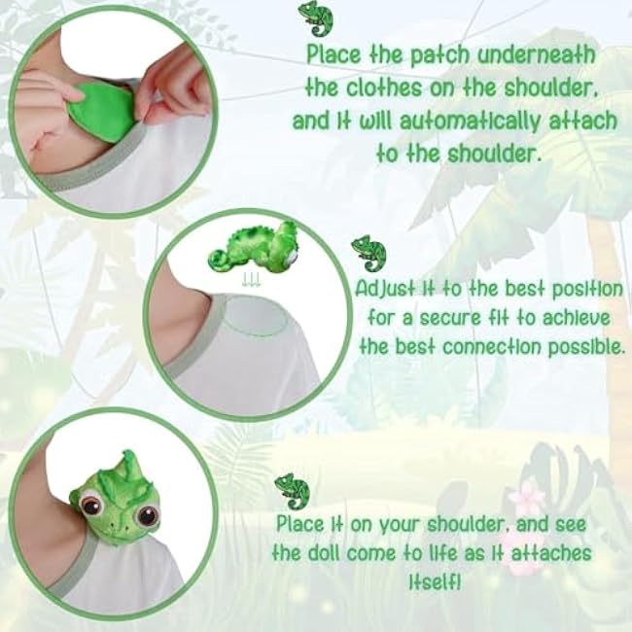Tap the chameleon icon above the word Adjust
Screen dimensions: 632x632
pyautogui.click(x=369, y=253)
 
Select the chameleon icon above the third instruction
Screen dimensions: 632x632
pyautogui.click(x=292, y=491)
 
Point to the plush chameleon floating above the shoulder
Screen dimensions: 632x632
pyautogui.click(x=253, y=247)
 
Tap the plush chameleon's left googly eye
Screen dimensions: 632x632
pyautogui.click(x=90, y=504)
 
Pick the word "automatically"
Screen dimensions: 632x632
pyautogui.click(x=470, y=121)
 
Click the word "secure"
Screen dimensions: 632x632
pyautogui.click(x=450, y=318)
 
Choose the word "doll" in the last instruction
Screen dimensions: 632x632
pyautogui.click(x=325, y=553)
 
